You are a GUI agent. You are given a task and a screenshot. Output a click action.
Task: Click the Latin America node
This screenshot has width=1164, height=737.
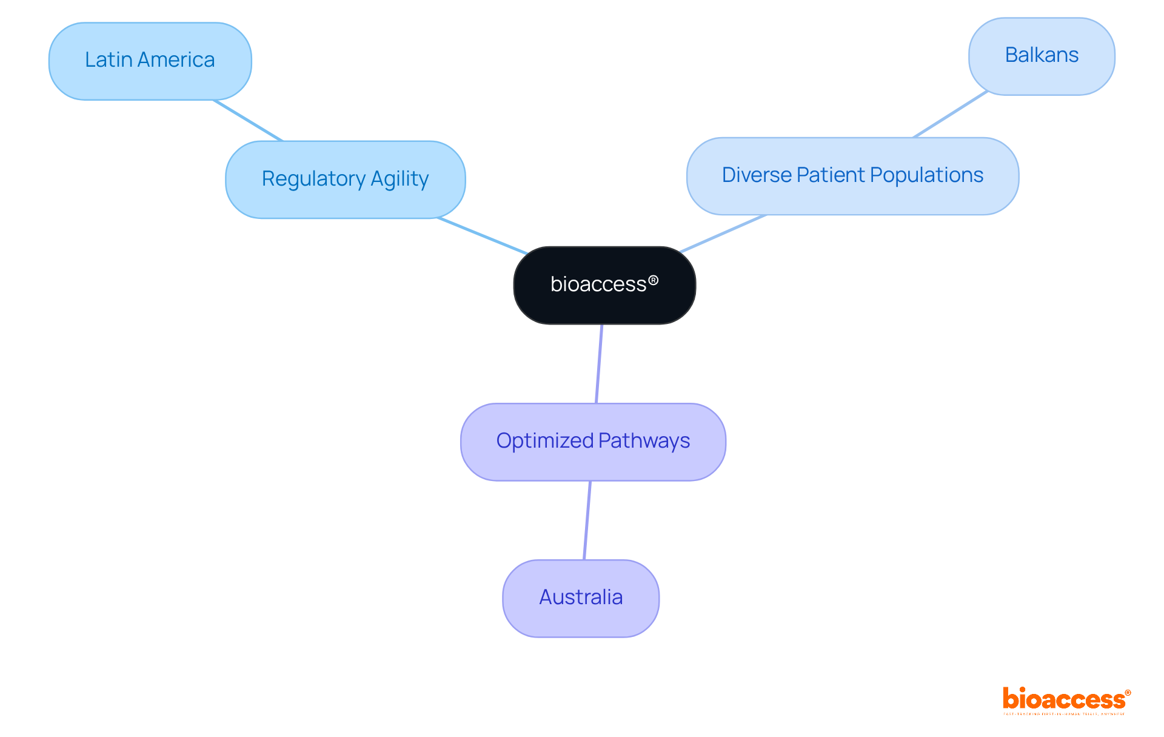(x=150, y=61)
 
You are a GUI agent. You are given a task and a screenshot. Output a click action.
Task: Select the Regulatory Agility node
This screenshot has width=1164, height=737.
(x=345, y=180)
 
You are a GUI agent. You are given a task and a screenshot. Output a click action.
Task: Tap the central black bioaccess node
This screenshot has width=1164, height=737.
(x=604, y=285)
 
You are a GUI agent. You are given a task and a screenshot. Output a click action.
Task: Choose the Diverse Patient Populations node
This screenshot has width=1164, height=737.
(x=852, y=176)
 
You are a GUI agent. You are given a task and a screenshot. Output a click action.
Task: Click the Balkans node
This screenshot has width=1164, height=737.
(x=1041, y=56)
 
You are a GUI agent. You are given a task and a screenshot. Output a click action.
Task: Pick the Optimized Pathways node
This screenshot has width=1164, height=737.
(x=592, y=442)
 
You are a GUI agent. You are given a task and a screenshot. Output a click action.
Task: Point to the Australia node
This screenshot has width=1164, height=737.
(x=580, y=598)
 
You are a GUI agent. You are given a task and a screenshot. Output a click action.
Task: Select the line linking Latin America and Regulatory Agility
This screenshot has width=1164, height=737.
(x=248, y=120)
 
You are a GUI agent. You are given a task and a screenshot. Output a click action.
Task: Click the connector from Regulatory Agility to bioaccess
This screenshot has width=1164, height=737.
(x=482, y=235)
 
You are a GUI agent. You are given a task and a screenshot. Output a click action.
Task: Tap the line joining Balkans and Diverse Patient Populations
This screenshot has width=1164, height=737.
(x=950, y=114)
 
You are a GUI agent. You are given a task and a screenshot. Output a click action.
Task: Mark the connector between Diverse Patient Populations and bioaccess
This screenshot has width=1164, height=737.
(x=723, y=234)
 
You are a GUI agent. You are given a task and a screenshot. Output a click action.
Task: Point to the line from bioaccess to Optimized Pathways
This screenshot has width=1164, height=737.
(x=599, y=364)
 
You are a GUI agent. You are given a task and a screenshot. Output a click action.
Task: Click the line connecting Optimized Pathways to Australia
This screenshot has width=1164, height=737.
(x=587, y=520)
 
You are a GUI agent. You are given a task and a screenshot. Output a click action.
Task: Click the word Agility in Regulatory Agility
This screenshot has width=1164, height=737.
(x=400, y=179)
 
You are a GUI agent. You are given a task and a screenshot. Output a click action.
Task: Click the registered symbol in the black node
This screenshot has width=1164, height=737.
(x=653, y=280)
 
